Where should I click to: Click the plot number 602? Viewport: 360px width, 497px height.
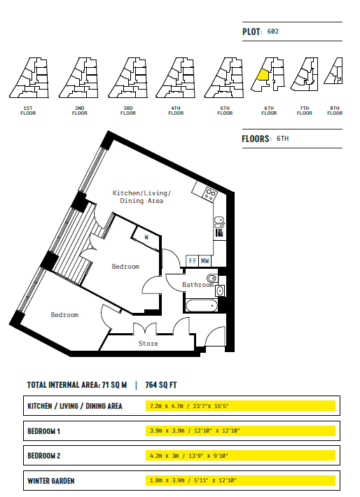pos(272,31)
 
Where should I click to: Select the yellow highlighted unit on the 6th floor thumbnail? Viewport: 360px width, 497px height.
pos(263,75)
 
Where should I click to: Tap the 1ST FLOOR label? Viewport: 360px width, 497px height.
pos(28,111)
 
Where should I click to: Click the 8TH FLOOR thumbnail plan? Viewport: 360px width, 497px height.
pos(333,71)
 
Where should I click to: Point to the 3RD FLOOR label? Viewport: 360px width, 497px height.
pos(128,111)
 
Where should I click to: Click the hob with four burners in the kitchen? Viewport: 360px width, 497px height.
pos(210,194)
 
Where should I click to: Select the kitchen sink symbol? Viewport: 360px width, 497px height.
pos(219,222)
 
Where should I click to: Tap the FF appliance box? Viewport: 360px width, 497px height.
pos(192,261)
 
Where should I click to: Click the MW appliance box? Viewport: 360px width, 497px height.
pos(205,261)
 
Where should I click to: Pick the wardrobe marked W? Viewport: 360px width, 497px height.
pos(146,239)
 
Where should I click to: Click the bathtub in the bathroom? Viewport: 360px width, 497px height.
pos(202,306)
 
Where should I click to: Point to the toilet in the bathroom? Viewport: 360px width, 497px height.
pos(212,279)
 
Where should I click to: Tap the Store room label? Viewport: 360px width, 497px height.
pos(148,343)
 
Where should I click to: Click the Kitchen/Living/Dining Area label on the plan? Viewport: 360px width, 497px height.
pos(141,197)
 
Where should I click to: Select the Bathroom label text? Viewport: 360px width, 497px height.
pos(198,285)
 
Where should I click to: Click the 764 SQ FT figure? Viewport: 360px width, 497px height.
pos(161,385)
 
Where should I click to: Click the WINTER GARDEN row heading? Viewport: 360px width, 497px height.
pos(51,481)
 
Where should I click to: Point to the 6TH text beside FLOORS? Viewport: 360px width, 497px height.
pos(283,139)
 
